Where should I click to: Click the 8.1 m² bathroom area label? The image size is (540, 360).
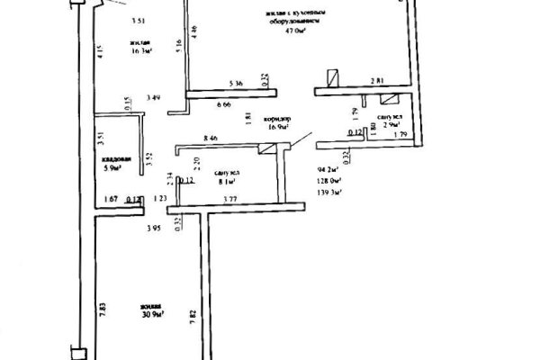[227, 179]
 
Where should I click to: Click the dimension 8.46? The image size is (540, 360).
[211, 136]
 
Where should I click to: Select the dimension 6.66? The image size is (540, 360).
[223, 105]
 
